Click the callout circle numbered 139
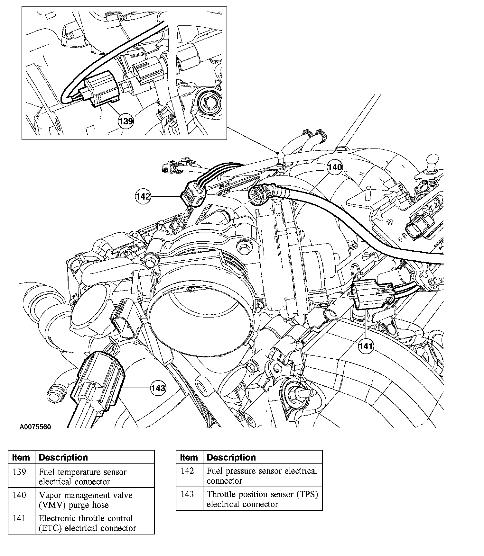pyautogui.click(x=126, y=121)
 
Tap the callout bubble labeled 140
pyautogui.click(x=335, y=167)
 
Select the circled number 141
pyautogui.click(x=366, y=346)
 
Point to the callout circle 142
pyautogui.click(x=143, y=196)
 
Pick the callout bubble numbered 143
pyautogui.click(x=158, y=388)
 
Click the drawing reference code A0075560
pyautogui.click(x=35, y=427)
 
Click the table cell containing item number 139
pyautogui.click(x=20, y=472)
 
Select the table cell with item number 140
pyautogui.click(x=20, y=495)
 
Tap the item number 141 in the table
pyautogui.click(x=20, y=518)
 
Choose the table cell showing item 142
pyautogui.click(x=188, y=471)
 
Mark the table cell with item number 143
pyautogui.click(x=188, y=494)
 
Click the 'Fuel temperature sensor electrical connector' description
pyautogui.click(x=83, y=477)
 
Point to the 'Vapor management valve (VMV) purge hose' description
pyautogui.click(x=85, y=500)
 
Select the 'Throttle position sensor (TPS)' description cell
pyautogui.click(x=262, y=499)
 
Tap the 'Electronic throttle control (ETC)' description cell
pyautogui.click(x=87, y=523)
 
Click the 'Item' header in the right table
pyautogui.click(x=189, y=457)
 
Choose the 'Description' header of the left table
pyautogui.click(x=63, y=457)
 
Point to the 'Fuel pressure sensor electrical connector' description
pyautogui.click(x=262, y=476)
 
